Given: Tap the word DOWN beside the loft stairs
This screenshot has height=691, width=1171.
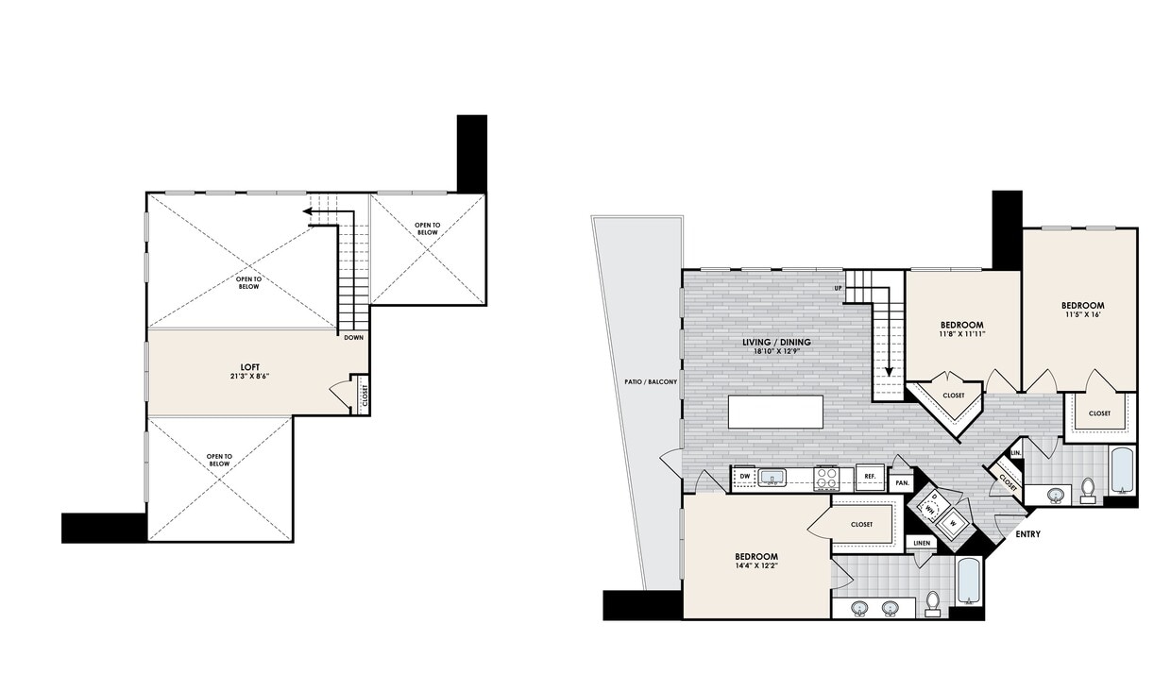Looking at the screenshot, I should point(354,337).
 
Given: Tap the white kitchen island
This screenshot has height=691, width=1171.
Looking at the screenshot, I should point(775,412).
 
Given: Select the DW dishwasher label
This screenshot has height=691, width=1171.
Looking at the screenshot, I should point(744,477).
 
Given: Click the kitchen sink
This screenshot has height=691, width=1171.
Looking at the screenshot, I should point(772,479).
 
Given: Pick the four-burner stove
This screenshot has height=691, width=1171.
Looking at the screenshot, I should point(827,479).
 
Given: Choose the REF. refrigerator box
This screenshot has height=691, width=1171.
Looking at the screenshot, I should point(870,478).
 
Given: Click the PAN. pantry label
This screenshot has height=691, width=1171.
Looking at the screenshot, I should point(902,483).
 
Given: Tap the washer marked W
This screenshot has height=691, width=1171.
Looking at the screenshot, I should point(953,522).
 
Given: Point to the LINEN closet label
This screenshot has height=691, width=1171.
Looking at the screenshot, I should point(920,544).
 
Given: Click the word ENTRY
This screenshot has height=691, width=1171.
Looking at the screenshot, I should point(1028,534).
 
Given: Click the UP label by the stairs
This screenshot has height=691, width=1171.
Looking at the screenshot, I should point(838,288).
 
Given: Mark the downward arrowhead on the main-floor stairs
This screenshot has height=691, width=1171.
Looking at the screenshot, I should point(888,371).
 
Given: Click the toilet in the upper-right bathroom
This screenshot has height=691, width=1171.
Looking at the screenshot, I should point(1088,489).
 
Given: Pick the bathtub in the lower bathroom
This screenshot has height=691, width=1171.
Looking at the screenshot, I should point(970,582).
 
